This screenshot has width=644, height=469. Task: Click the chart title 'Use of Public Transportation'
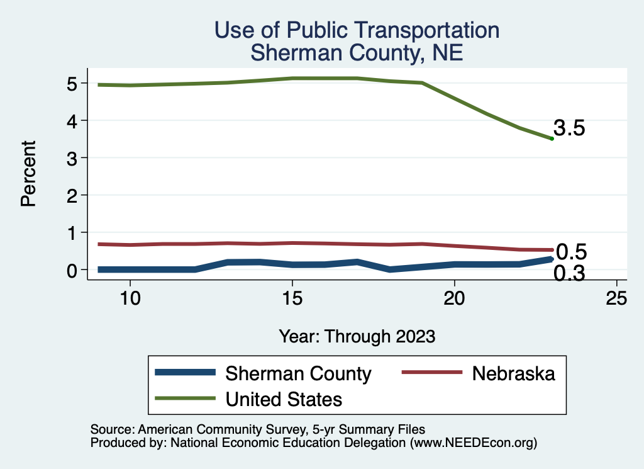click(x=357, y=30)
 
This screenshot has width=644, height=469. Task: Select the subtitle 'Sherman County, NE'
click(x=357, y=52)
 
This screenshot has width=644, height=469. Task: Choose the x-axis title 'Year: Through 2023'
click(x=357, y=336)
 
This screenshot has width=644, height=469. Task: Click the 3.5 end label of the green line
click(x=570, y=128)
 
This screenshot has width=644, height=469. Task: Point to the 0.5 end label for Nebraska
click(x=572, y=252)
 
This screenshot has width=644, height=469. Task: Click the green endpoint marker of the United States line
click(x=552, y=138)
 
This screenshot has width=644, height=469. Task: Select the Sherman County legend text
click(x=298, y=373)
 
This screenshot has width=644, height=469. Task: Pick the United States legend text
click(x=284, y=398)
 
